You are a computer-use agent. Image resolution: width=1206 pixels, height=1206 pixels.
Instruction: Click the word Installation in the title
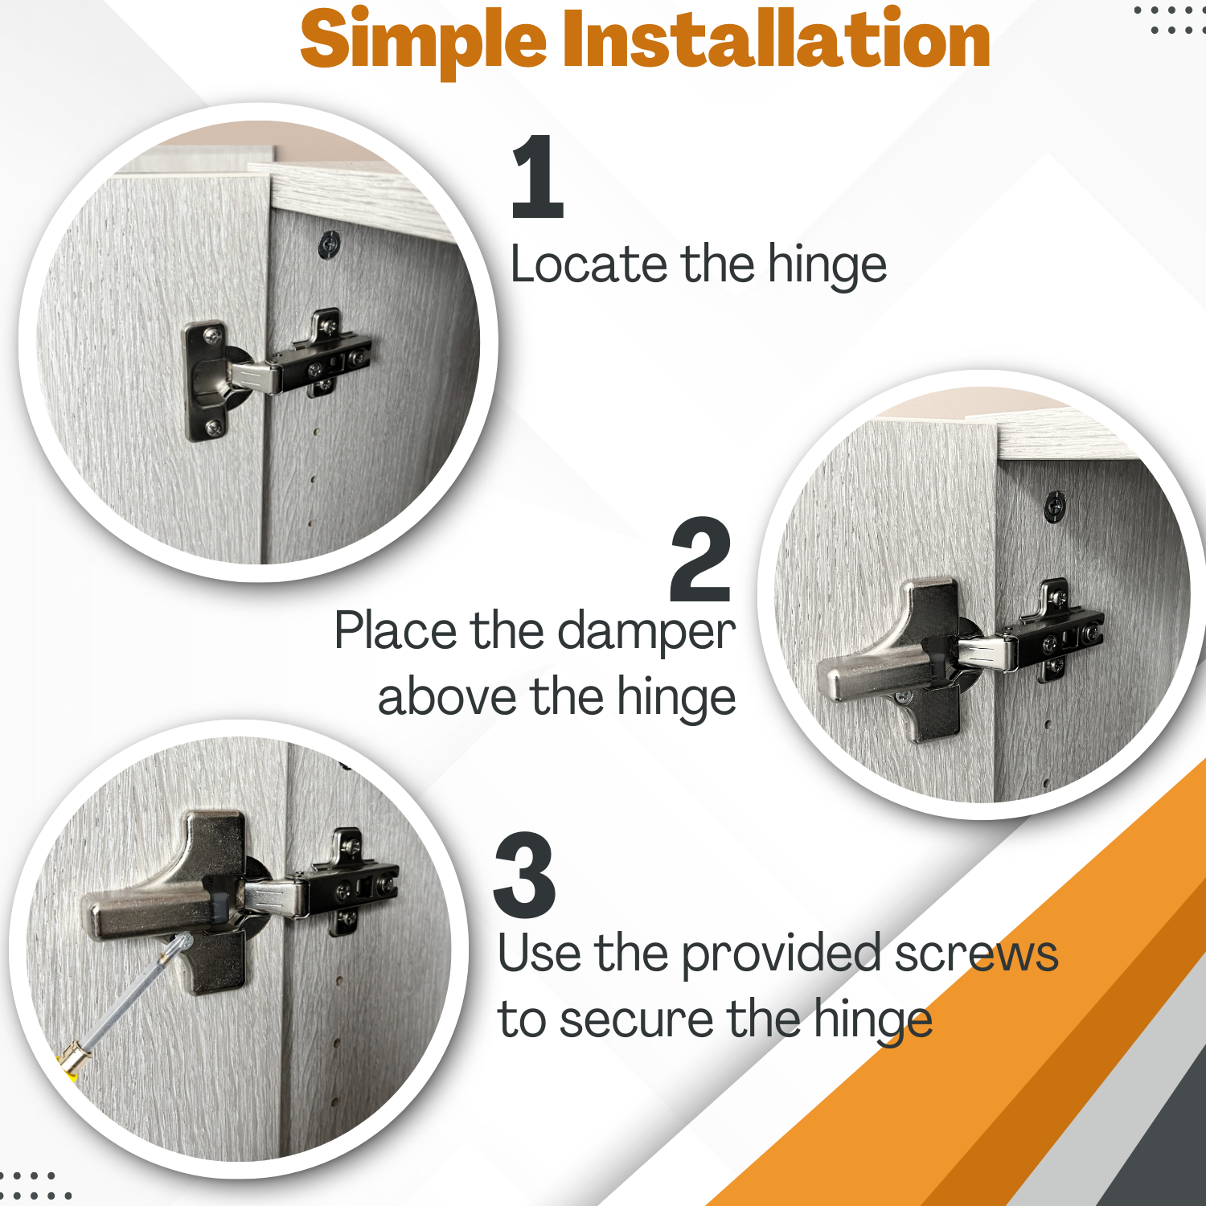click(x=776, y=38)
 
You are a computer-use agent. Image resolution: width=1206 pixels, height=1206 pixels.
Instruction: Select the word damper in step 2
click(x=646, y=631)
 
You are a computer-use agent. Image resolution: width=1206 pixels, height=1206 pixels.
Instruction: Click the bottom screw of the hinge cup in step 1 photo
click(x=214, y=428)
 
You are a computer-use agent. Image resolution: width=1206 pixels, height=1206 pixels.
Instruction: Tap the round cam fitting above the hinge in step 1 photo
click(x=330, y=244)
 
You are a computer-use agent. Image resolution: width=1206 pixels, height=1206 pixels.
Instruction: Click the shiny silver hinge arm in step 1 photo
click(x=256, y=375)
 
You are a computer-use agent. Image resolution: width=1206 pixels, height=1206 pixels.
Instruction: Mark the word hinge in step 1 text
click(x=827, y=265)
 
